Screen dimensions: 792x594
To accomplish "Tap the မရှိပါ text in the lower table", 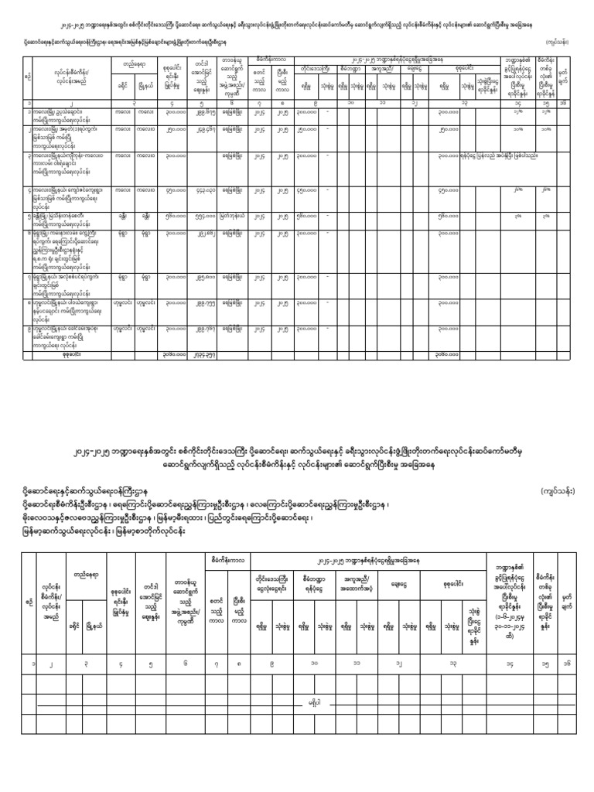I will (313, 703).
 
